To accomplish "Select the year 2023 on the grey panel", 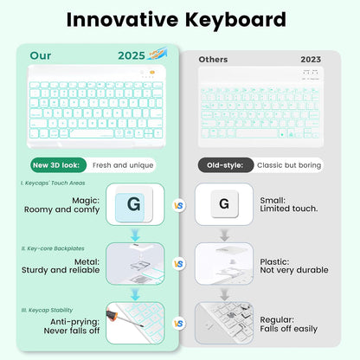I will coord(310,60).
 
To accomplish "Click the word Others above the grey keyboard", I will coord(213,60).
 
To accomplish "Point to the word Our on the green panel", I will coord(41,55).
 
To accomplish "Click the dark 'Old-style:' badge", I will coord(226,165).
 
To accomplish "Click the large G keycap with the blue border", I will coord(134,204).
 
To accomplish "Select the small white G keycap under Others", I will coord(224,204).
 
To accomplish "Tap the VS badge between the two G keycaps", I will coord(179,205).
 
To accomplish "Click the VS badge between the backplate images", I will coord(179,263).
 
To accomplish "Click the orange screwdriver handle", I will coord(112,309).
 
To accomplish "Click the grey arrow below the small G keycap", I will coord(224,234).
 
